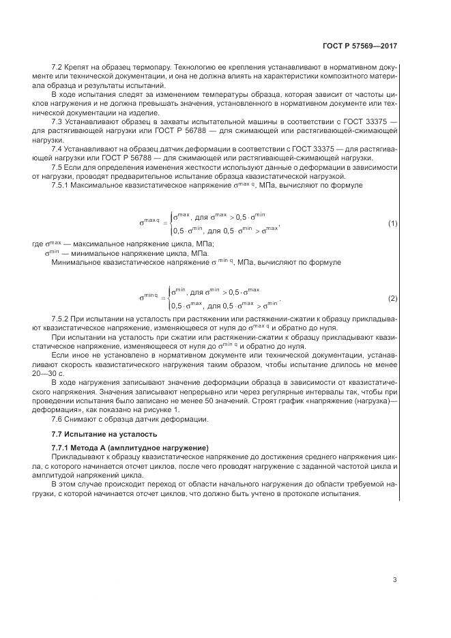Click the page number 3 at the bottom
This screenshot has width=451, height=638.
click(394, 580)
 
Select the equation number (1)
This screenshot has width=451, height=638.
click(392, 223)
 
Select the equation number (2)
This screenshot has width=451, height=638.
click(392, 299)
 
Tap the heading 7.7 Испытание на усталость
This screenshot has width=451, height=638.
click(104, 434)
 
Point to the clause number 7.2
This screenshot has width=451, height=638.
click(57, 68)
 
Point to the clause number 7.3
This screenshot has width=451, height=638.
click(57, 121)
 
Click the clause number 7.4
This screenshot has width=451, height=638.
click(57, 147)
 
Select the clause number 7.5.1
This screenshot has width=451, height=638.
click(61, 185)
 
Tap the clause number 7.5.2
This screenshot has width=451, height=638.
click(61, 319)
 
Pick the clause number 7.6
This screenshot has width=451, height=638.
click(57, 418)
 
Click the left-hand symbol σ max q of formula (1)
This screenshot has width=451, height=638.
click(149, 222)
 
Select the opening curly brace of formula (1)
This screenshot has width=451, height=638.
click(171, 222)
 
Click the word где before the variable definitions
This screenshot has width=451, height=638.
click(38, 244)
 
